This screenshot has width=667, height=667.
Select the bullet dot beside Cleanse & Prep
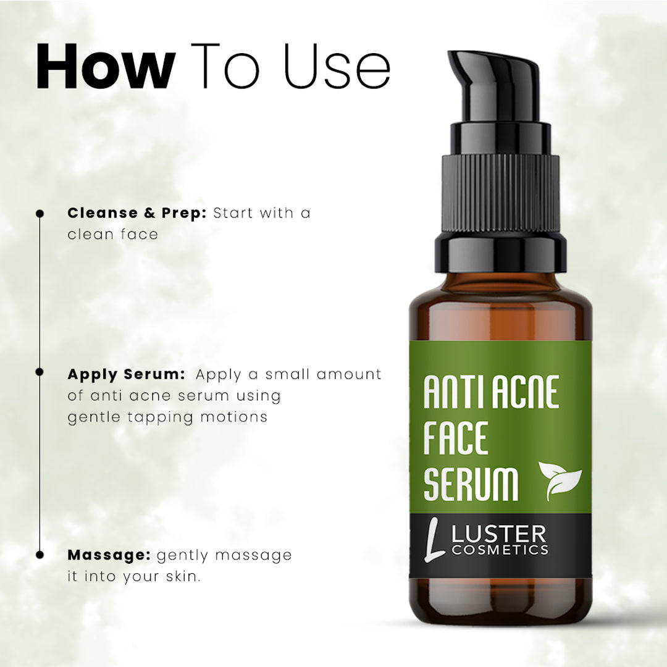40,214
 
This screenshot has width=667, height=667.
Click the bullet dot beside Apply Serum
40,372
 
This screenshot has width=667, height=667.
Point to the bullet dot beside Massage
40,555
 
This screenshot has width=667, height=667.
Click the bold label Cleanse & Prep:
136,212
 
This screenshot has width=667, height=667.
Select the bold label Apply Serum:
126,375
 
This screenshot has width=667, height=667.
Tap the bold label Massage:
109,555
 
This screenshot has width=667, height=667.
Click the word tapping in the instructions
160,417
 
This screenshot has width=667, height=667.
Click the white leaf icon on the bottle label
560,480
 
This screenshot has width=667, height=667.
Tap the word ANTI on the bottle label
455,392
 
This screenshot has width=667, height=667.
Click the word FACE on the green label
456,437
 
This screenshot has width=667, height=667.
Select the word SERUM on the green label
471,483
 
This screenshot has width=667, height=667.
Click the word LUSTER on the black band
498,534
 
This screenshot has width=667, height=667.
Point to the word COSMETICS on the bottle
500,550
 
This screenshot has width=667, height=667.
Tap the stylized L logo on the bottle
435,539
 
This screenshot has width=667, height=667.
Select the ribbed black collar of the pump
500,193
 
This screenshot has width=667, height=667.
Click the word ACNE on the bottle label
525,392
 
